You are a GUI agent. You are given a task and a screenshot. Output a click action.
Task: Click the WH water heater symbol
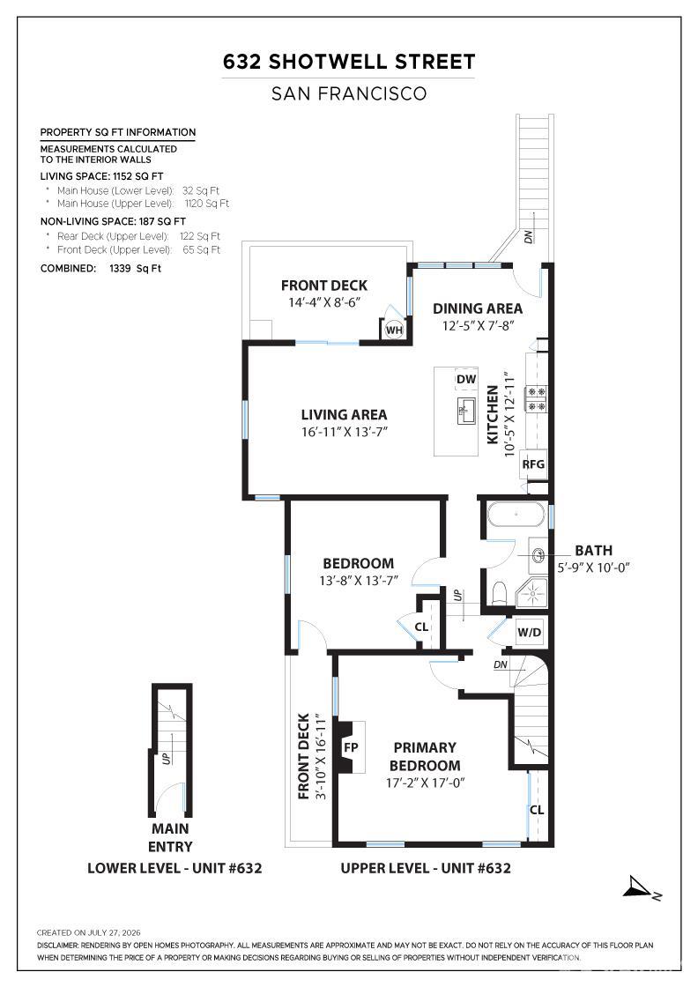click(x=394, y=330)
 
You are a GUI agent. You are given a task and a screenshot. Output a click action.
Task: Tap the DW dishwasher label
click(x=466, y=379)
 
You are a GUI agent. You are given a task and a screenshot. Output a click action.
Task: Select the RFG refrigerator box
click(x=533, y=464)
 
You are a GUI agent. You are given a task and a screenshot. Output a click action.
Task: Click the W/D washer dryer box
click(x=530, y=632)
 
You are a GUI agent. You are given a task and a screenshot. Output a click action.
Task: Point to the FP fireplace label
click(x=351, y=747)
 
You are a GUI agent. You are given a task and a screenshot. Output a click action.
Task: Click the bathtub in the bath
click(x=516, y=515)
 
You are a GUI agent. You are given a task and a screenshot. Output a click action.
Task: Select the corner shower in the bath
click(x=531, y=593)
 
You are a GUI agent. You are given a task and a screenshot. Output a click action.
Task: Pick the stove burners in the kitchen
click(x=537, y=398)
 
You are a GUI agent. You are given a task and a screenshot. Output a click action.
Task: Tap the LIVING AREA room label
click(x=344, y=415)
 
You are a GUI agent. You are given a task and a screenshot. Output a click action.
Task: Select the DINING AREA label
click(x=478, y=308)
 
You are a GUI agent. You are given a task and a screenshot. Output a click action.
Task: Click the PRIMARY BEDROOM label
click(x=424, y=757)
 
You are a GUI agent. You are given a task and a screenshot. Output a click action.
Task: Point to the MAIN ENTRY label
click(x=170, y=837)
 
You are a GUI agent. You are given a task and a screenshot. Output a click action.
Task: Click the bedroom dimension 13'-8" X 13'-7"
click(x=358, y=581)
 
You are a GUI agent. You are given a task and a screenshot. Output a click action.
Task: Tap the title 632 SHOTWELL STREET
click(x=349, y=62)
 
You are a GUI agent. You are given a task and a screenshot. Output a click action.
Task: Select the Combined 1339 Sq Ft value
click(x=135, y=268)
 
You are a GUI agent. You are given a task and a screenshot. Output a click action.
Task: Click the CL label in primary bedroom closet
click(x=537, y=810)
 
